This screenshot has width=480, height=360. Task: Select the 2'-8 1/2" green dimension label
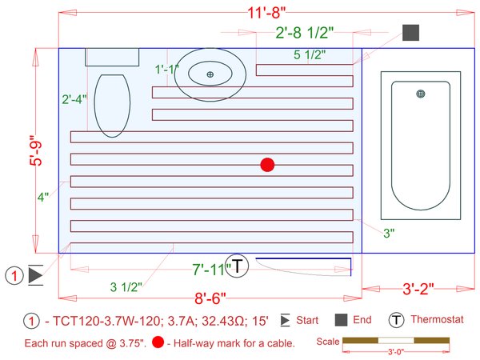tap(304, 33)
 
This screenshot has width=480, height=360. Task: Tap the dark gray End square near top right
tap(411, 33)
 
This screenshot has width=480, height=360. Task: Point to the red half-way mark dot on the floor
tap(267, 165)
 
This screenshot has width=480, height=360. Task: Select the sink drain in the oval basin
tap(210, 74)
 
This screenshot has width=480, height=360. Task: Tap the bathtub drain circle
tap(421, 94)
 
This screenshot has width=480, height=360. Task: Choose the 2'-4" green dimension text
tap(74, 100)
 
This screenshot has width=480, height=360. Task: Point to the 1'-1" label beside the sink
tap(167, 70)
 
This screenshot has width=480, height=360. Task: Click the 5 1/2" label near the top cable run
tap(310, 54)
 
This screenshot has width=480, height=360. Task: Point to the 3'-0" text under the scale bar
tap(394, 350)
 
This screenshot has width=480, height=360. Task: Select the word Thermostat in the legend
tap(437, 319)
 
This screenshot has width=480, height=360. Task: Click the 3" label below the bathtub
tap(388, 233)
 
